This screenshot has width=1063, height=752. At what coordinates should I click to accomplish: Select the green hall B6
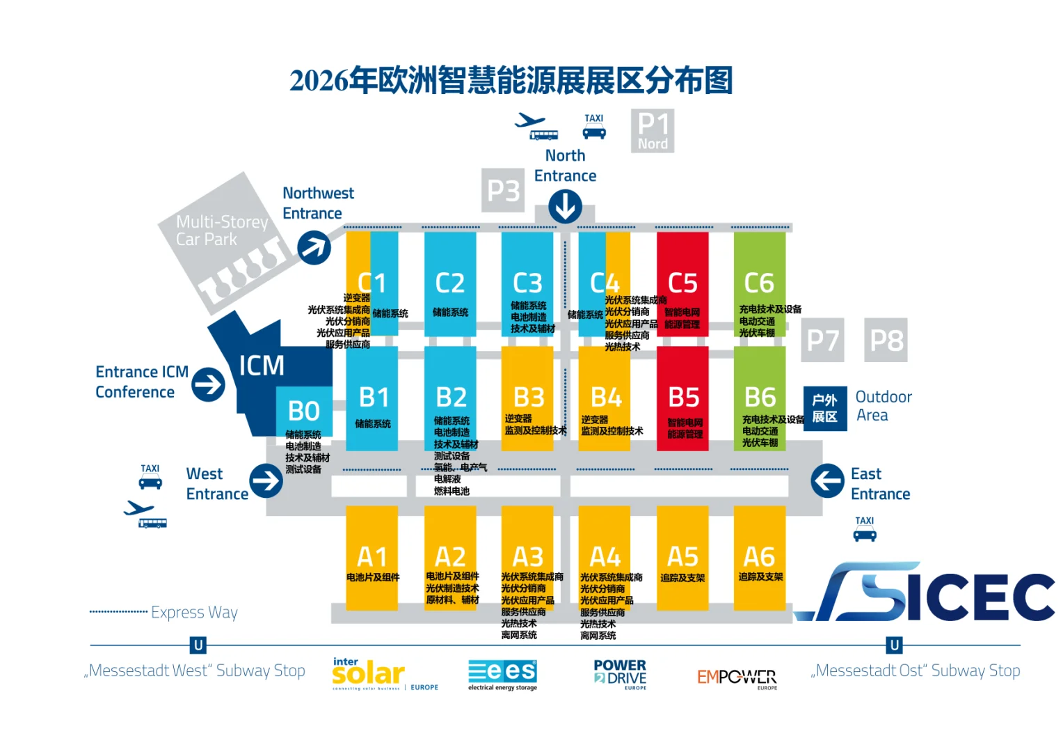(x=760, y=398)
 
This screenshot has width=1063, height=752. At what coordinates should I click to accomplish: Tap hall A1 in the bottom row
(x=372, y=557)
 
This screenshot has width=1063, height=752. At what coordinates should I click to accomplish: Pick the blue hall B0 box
(x=304, y=412)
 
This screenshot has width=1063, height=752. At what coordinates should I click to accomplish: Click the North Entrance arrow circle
(x=565, y=207)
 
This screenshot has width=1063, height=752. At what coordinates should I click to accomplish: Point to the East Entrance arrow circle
(x=828, y=481)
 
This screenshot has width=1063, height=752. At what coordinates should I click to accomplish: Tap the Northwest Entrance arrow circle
(x=314, y=247)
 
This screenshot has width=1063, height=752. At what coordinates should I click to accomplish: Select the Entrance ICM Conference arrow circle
(x=208, y=384)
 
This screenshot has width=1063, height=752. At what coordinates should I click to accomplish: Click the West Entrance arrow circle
(x=266, y=481)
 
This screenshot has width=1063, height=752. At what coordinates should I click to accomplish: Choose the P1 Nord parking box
(x=653, y=131)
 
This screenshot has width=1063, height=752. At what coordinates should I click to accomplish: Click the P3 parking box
(x=504, y=190)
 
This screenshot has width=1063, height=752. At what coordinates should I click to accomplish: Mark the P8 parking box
(x=886, y=340)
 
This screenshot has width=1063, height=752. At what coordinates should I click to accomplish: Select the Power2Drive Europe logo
(x=620, y=674)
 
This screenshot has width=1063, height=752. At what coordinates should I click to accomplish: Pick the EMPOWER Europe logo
(x=737, y=677)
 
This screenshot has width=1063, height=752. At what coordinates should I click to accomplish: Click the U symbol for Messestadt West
(x=198, y=645)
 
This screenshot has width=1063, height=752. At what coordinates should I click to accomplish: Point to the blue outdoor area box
(x=825, y=409)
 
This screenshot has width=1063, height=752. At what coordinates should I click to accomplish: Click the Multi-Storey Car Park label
(x=221, y=230)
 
